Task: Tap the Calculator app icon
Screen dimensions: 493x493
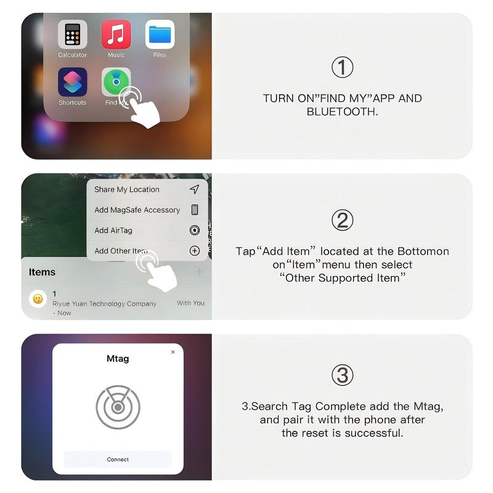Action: pyautogui.click(x=72, y=35)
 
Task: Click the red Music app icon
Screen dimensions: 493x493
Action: pyautogui.click(x=116, y=35)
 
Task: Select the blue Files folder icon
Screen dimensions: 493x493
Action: pyautogui.click(x=160, y=35)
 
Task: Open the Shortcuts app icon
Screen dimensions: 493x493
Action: pyautogui.click(x=72, y=82)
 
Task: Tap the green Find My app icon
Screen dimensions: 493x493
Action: pyautogui.click(x=116, y=82)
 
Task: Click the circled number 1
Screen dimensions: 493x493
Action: pyautogui.click(x=343, y=67)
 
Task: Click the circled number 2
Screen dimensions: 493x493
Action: pyautogui.click(x=343, y=220)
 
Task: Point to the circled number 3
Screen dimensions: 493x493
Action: pyautogui.click(x=343, y=375)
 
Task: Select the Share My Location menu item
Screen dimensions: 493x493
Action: pyautogui.click(x=127, y=190)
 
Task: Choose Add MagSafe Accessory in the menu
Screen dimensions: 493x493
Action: pyautogui.click(x=137, y=210)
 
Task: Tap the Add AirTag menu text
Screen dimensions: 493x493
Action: pyautogui.click(x=113, y=230)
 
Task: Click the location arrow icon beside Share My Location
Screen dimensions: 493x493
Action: pyautogui.click(x=195, y=189)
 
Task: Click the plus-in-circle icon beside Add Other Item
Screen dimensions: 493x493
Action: pyautogui.click(x=195, y=251)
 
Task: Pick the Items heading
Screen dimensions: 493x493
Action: pyautogui.click(x=42, y=272)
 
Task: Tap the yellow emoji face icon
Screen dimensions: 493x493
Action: pyautogui.click(x=38, y=299)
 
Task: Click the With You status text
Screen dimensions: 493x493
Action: pyautogui.click(x=190, y=303)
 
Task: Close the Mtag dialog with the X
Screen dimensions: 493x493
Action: pyautogui.click(x=173, y=352)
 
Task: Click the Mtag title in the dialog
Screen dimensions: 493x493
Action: pyautogui.click(x=118, y=359)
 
